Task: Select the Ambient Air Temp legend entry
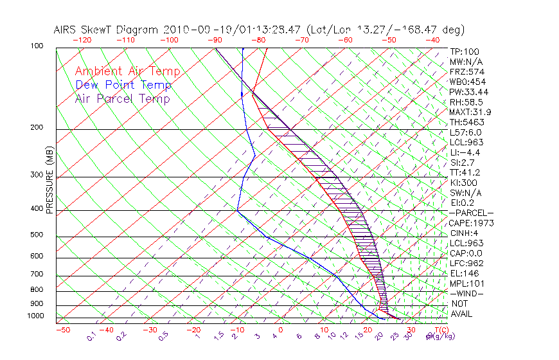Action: point(127,71)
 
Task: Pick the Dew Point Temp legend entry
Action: point(123,85)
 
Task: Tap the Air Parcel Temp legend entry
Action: point(122,98)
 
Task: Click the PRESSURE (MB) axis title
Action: point(49,180)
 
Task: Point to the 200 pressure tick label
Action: point(37,127)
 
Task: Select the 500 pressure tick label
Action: point(37,235)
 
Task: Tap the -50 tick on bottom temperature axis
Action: point(62,330)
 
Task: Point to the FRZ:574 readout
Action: point(465,71)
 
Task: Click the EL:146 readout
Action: point(463,273)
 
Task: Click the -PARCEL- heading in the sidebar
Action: point(471,213)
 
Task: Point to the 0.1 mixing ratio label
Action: point(91,336)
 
